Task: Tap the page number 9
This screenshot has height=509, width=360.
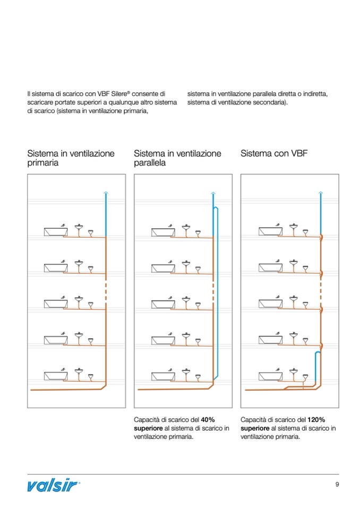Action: coord(337,484)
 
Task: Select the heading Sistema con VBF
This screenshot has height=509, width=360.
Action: coord(274,153)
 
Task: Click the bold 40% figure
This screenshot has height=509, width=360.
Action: coord(208,419)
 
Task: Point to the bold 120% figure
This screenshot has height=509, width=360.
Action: coord(316,419)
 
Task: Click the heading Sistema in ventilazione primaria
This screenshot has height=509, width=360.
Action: coord(71,158)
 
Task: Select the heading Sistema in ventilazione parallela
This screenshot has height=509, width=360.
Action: coord(177,158)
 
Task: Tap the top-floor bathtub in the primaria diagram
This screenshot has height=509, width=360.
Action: coord(55,231)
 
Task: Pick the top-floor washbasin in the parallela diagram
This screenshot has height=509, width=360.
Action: coord(186,229)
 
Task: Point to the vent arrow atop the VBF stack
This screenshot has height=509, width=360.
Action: coord(320,193)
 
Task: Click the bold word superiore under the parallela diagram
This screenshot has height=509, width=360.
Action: coord(149,428)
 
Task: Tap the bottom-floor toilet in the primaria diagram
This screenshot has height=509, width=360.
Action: coord(91,377)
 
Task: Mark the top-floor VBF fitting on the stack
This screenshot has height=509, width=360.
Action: coord(321,238)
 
